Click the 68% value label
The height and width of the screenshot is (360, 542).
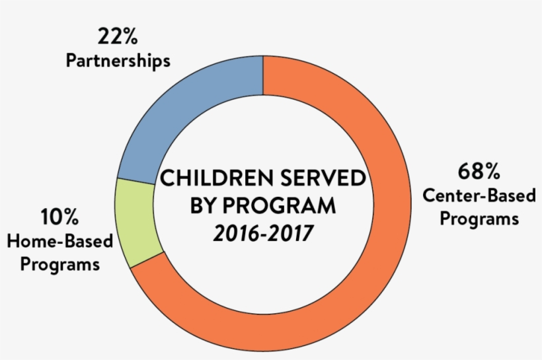[x=477, y=173]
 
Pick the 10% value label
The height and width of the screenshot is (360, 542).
[x=60, y=217]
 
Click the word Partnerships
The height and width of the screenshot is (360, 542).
[x=118, y=61]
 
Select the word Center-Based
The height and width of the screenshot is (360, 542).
[x=470, y=196]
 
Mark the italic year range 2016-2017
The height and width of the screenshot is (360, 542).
[x=262, y=234]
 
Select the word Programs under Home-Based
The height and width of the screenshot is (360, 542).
[x=60, y=264]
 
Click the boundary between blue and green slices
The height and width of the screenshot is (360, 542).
[x=135, y=180]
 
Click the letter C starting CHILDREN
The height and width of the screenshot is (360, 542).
[x=169, y=179]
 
